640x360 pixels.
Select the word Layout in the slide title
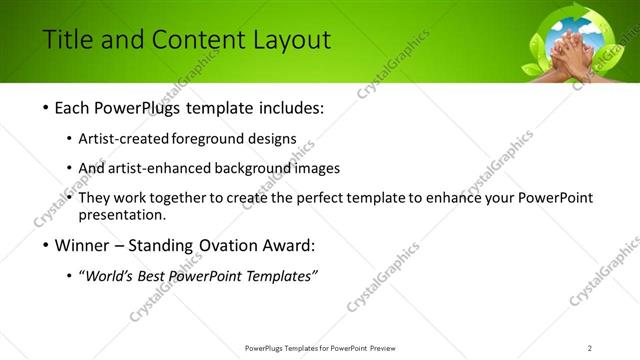pos(290,40)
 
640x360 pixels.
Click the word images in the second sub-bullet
pos(319,168)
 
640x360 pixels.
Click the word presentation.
pos(122,215)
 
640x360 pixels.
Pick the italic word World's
pos(109,276)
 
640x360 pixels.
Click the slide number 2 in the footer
pos(590,347)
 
